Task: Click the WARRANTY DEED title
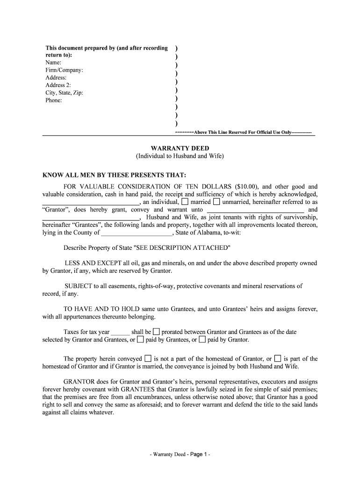point(180,148)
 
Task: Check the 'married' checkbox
point(185,202)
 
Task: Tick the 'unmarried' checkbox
point(216,202)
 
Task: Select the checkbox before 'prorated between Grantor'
point(156,332)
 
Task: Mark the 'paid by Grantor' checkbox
point(202,339)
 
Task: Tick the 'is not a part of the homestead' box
point(148,358)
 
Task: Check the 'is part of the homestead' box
point(278,358)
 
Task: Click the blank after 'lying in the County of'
point(137,232)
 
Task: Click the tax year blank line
point(121,332)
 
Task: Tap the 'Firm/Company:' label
point(65,70)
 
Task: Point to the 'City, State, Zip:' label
point(64,93)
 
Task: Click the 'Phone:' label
point(53,100)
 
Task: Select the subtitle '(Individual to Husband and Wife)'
point(180,156)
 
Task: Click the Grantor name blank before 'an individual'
point(91,202)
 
